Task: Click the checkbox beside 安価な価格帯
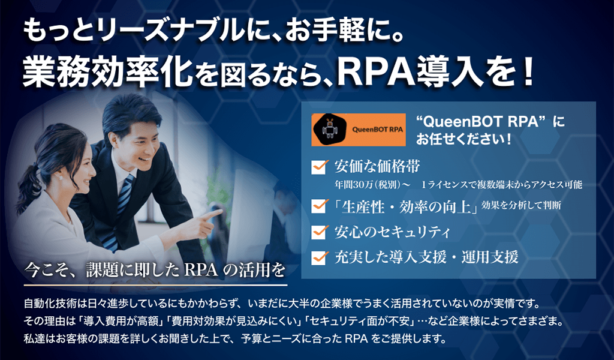318,167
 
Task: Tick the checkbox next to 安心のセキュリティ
318,232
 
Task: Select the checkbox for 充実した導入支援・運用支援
318,257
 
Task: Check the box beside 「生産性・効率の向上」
318,206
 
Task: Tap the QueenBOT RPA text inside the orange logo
378,130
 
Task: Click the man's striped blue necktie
119,212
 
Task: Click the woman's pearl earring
61,178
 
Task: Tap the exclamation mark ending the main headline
528,71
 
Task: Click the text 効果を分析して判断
521,205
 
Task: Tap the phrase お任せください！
463,139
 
